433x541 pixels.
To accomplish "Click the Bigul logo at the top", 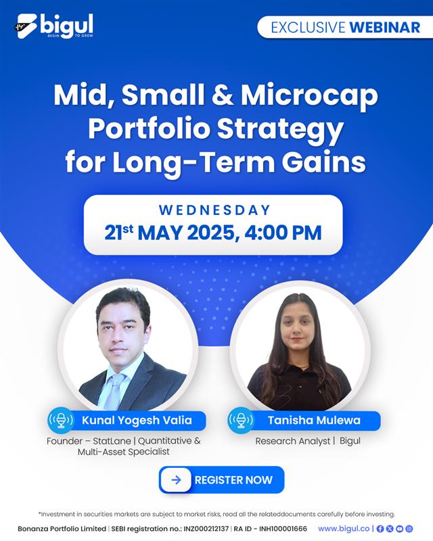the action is pos(55,26).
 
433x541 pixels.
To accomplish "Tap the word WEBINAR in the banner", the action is pos(385,27).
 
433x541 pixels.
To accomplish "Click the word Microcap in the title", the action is pos(309,95).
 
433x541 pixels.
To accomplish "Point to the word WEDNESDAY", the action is pos(214,210).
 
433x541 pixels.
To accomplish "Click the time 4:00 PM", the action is pos(283,232).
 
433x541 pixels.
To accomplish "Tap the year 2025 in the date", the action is pos(211,233).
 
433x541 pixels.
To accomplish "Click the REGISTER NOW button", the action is pos(221,479).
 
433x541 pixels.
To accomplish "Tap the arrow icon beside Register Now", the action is pos(176,480).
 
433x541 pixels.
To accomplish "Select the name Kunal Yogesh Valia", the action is pos(137,420).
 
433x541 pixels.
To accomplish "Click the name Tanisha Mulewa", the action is pos(314,420).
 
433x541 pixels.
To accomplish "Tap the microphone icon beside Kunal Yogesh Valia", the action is pos(61,420).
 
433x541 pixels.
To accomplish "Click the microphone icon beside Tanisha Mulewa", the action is pos(241,420).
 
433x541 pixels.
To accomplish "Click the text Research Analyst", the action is pos(293,441).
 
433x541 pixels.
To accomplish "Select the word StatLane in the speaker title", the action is pos(112,441).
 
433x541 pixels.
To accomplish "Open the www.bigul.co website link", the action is pos(344,529).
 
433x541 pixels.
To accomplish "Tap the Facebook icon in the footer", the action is pos(380,529).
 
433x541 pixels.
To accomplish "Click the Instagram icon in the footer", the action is pos(409,529).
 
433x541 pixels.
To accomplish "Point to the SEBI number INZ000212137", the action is pos(206,529).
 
